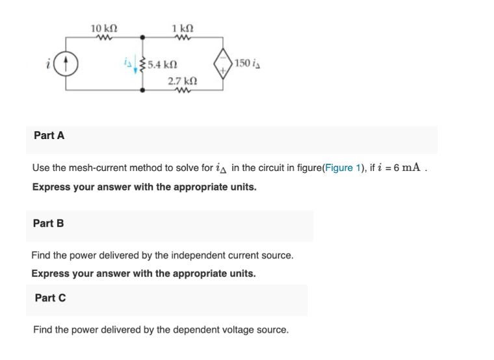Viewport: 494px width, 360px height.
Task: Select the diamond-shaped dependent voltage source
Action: (224, 64)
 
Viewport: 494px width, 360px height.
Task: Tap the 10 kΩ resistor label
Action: (104, 28)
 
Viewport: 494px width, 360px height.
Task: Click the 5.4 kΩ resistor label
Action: (162, 65)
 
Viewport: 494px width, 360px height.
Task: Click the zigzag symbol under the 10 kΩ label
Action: (104, 38)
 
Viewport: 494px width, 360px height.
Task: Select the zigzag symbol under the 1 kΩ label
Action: (183, 38)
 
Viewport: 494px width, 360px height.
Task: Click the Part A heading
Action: (49, 136)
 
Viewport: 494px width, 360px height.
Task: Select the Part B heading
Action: (49, 224)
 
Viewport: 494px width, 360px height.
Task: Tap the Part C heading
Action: (50, 298)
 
